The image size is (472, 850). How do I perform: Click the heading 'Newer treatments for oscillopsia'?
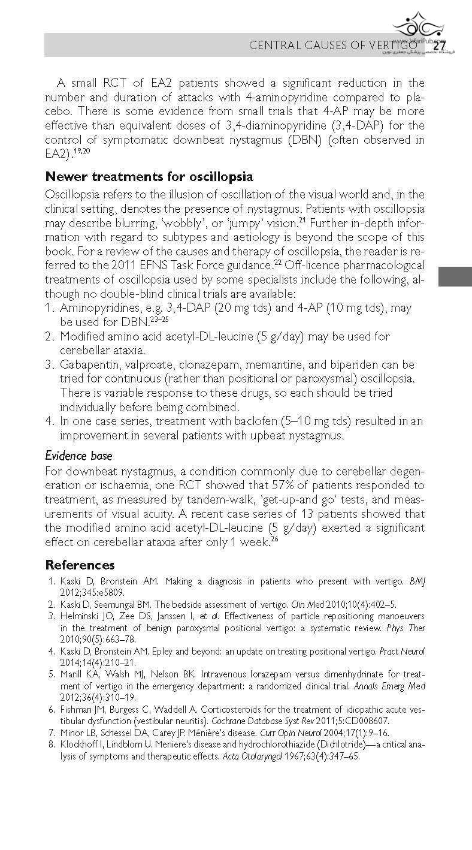point(149,177)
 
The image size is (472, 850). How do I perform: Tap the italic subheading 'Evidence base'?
point(78,456)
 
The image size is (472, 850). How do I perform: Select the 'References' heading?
point(80,565)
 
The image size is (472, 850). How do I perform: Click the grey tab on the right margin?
point(455,278)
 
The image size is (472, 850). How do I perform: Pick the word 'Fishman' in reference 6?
point(74,709)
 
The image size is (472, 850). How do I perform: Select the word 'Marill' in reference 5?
point(71,674)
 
